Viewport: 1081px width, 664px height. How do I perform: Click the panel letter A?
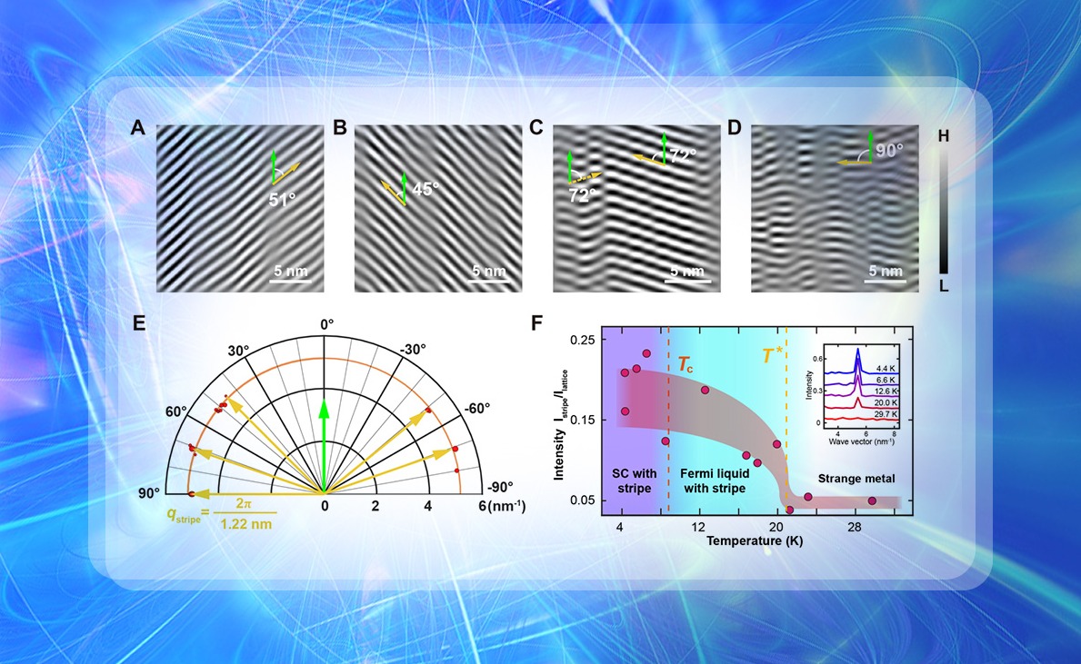click(138, 128)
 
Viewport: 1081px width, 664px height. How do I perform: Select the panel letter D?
click(735, 128)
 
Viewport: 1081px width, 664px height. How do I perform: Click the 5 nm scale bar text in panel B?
click(488, 271)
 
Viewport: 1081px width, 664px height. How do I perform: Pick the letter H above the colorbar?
click(944, 135)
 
